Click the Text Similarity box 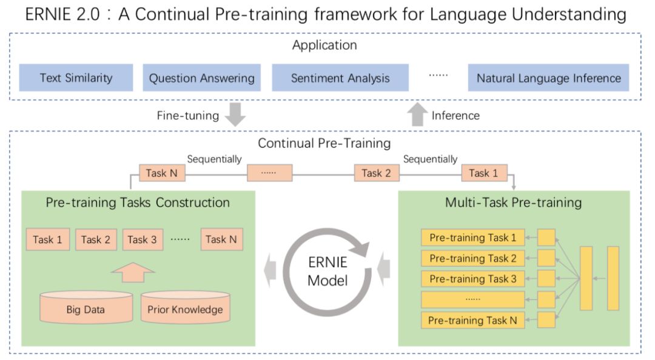[76, 78]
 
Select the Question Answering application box [202, 78]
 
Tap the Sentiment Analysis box [340, 78]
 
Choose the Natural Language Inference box [548, 78]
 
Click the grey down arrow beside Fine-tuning [234, 115]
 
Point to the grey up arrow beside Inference [417, 115]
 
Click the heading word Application [324, 45]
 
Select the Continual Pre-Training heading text [324, 144]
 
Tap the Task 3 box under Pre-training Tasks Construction [142, 239]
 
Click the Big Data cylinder [86, 309]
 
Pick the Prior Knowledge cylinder [185, 309]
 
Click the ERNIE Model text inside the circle [327, 272]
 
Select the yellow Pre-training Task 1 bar [472, 238]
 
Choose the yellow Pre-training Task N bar [472, 321]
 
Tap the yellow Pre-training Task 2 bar [472, 259]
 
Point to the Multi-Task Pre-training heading [513, 202]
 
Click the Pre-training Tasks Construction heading [138, 202]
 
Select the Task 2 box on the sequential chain [377, 173]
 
